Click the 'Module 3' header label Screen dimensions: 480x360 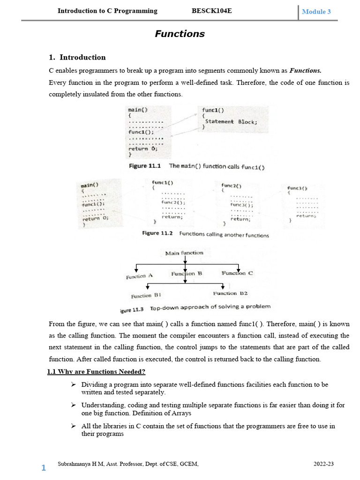point(316,12)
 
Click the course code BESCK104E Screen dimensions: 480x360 point(212,11)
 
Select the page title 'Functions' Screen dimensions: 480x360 point(180,34)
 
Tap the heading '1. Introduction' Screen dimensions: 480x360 point(77,57)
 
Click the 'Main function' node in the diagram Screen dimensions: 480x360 point(184,253)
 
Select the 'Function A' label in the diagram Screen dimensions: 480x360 point(139,277)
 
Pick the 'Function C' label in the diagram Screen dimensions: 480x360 point(237,273)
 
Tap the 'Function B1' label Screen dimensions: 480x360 point(146,296)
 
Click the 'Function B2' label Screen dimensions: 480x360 point(230,293)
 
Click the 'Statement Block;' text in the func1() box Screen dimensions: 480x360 point(231,122)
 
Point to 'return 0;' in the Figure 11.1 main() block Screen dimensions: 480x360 point(143,149)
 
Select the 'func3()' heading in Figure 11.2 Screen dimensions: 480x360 point(297,188)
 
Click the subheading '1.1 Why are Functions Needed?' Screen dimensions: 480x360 point(96,372)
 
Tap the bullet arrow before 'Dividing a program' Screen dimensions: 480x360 point(73,384)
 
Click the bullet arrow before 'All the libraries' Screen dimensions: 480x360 point(73,426)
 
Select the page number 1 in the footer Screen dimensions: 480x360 point(44,468)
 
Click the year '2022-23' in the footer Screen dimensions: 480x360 point(323,464)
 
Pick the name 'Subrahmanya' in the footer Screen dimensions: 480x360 point(73,464)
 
